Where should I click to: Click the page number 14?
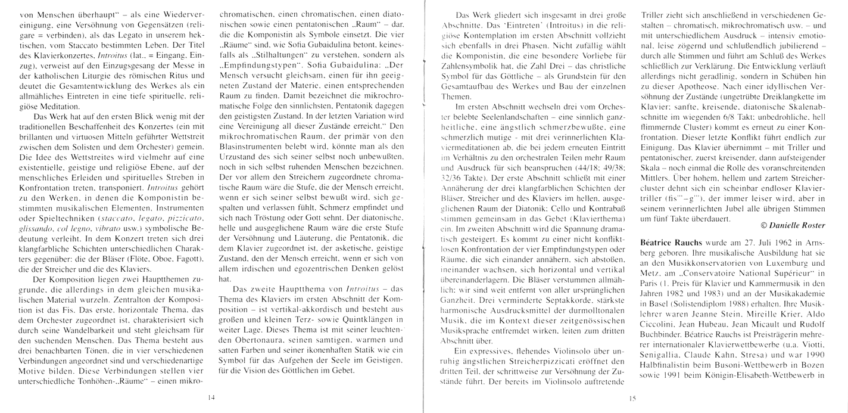point(211,397)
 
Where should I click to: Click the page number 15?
point(632,400)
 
